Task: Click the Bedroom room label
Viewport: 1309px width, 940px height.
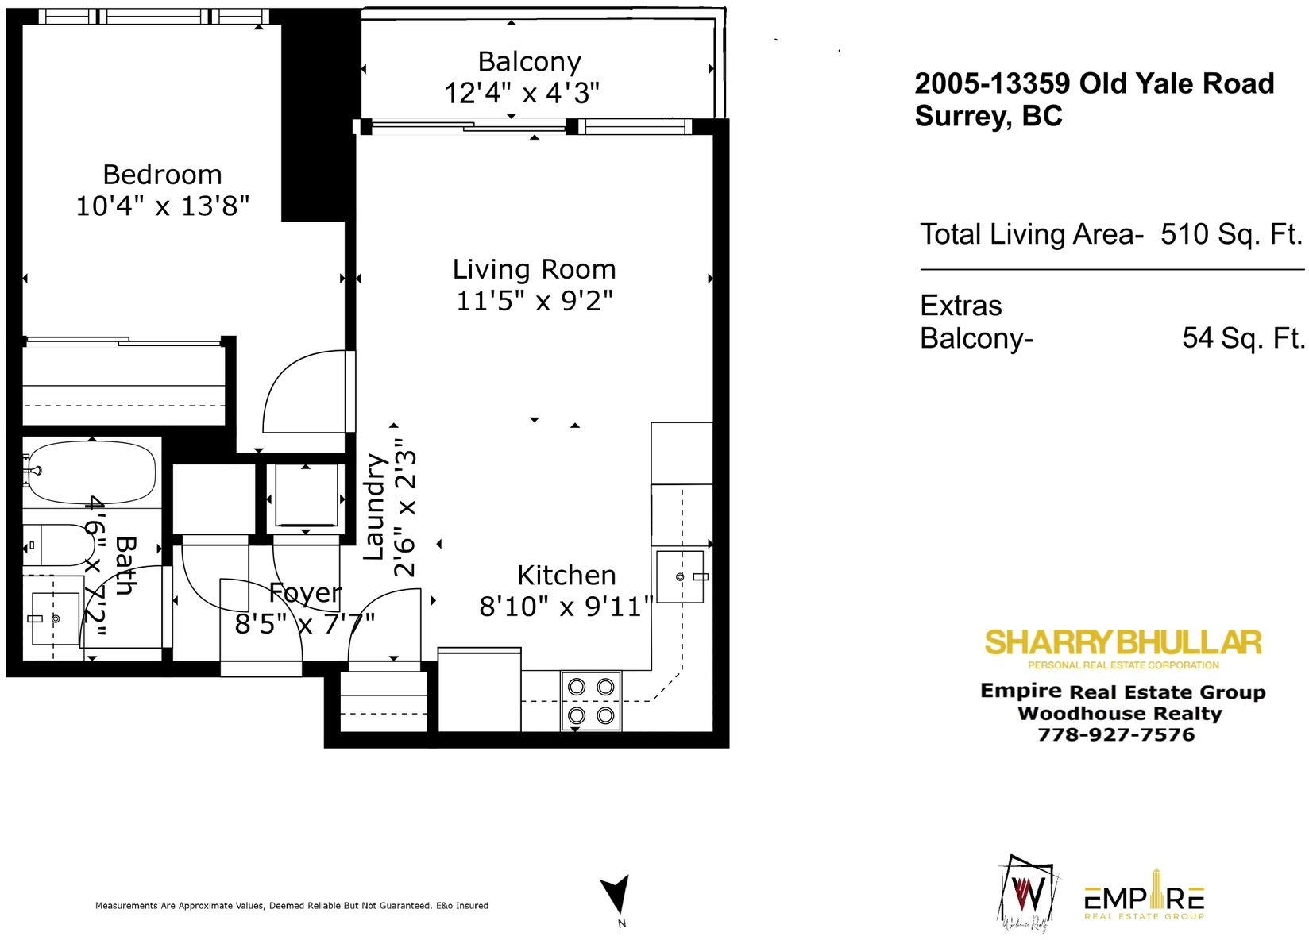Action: [163, 175]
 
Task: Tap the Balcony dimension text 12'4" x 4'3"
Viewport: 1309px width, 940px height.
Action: [522, 92]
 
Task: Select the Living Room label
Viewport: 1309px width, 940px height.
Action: [534, 269]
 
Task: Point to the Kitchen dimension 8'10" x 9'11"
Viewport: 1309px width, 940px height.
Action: [566, 607]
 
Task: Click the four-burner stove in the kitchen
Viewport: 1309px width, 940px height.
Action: [591, 701]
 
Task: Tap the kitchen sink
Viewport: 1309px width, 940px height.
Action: [680, 576]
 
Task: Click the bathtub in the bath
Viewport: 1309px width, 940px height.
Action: [90, 472]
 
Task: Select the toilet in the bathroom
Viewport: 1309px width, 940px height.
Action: [59, 545]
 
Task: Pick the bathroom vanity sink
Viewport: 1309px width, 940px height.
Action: [55, 618]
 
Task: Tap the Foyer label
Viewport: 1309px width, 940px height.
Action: [305, 593]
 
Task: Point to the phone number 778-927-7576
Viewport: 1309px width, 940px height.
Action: [1116, 734]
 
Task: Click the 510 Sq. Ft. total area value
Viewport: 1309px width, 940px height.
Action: [1231, 234]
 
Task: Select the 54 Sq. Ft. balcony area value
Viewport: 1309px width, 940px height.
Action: [1244, 337]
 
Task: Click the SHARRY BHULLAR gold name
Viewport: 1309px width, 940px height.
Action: [1123, 642]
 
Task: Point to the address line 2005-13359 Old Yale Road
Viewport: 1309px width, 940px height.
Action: [1094, 83]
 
